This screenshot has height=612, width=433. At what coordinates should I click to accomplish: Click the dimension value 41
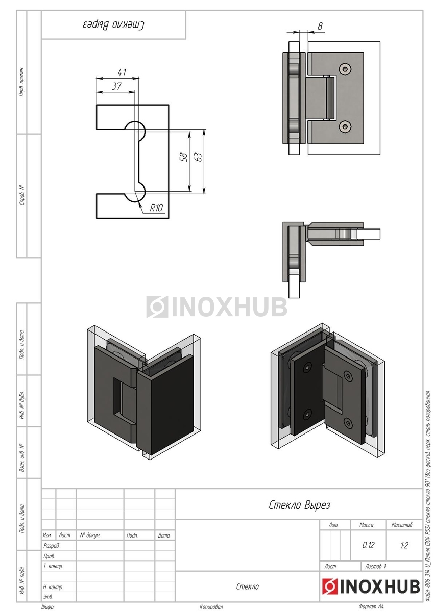(121, 72)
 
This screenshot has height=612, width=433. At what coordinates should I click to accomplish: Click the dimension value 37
(116, 86)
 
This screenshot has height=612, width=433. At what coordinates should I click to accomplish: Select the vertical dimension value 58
(184, 157)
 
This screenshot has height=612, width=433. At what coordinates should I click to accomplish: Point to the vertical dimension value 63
(199, 157)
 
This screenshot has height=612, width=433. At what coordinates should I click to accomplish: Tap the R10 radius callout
(156, 208)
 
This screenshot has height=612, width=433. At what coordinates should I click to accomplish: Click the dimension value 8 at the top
(320, 26)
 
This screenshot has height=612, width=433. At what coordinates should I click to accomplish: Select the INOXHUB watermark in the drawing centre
(216, 307)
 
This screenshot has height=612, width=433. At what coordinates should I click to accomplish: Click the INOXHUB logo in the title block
(371, 587)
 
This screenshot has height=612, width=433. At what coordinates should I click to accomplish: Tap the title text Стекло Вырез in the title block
(299, 505)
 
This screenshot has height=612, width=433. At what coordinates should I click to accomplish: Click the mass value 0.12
(368, 545)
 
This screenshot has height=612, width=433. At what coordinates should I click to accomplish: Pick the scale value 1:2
(404, 545)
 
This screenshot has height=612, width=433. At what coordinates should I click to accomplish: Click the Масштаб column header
(402, 525)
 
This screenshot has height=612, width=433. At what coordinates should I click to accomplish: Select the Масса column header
(367, 525)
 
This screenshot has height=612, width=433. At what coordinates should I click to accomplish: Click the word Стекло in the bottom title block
(248, 586)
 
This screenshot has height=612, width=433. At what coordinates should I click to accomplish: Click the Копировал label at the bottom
(211, 607)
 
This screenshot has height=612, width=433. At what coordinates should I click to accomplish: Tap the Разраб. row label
(52, 546)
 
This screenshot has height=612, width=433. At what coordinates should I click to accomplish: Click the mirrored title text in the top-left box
(113, 25)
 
